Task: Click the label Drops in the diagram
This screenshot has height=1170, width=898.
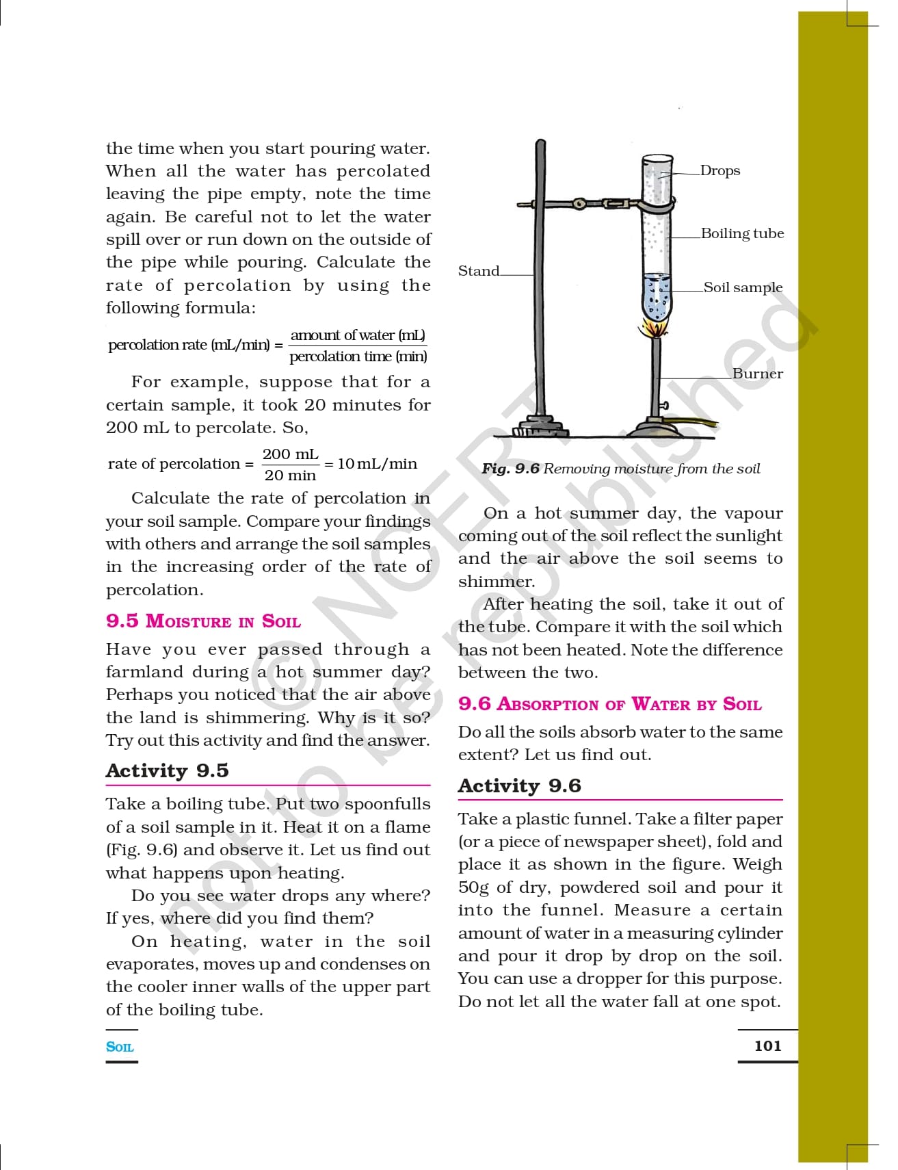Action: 720,170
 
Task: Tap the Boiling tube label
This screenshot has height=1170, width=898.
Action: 742,233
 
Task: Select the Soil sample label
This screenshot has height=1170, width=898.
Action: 743,287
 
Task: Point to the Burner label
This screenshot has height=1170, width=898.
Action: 757,374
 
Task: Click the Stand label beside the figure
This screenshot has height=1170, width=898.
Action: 479,271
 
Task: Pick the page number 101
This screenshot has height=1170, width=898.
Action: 767,1045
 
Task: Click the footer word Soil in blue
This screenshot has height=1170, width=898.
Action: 120,1047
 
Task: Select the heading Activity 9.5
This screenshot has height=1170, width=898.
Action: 168,770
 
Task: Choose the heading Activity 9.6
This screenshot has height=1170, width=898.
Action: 520,785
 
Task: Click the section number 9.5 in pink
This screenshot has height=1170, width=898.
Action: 122,621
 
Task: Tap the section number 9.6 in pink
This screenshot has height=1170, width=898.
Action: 475,703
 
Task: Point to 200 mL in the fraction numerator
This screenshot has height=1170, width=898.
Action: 290,454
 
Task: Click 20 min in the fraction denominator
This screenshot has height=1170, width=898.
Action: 290,475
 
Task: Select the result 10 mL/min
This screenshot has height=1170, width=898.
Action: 378,464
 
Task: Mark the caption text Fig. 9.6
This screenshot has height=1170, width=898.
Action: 510,469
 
